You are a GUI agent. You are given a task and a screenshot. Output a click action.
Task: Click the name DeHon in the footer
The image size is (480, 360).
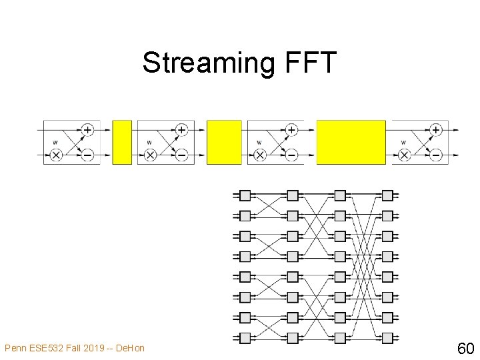point(132,347)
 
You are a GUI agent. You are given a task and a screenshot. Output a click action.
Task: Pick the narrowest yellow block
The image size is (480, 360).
point(122,142)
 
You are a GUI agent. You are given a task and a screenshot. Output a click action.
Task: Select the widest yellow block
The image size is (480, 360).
point(351,142)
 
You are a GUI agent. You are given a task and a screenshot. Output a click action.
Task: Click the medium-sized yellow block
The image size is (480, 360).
point(224,142)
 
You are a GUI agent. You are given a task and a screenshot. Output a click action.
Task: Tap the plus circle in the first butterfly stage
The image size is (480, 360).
point(87,129)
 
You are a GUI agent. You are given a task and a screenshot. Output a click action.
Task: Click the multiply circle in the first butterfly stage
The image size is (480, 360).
point(56,155)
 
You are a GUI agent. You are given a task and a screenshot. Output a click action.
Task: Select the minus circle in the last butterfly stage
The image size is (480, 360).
point(436,155)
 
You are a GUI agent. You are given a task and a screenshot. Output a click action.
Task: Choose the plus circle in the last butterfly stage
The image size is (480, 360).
point(436,129)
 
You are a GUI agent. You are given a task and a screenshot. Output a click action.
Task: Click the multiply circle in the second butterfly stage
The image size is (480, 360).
point(150,155)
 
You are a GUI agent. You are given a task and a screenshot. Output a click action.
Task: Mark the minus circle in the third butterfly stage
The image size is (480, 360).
point(291,155)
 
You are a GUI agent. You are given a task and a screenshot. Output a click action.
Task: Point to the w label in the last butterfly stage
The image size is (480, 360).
point(404,142)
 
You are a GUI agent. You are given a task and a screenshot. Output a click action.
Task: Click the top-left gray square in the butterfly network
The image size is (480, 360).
point(245,195)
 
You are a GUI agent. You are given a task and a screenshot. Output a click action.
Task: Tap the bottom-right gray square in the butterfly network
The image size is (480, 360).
point(387,337)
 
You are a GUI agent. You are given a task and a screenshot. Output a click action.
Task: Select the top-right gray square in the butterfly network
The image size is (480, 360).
point(387,195)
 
